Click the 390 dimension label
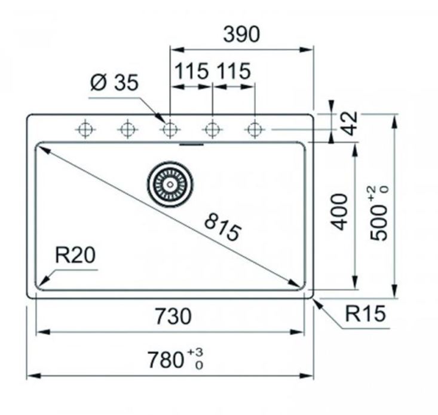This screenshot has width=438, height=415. (x=242, y=35)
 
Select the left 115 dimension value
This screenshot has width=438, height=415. (x=191, y=71)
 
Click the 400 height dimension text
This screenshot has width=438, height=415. (x=339, y=211)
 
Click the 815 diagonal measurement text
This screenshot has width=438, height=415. (x=222, y=228)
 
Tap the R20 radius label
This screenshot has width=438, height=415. (x=75, y=256)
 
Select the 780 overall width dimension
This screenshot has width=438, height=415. (x=166, y=360)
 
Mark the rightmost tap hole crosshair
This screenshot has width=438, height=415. (x=255, y=129)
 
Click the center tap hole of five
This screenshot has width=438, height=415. (x=170, y=129)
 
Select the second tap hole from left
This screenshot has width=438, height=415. (x=127, y=129)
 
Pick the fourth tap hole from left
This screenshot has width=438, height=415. (x=212, y=129)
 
